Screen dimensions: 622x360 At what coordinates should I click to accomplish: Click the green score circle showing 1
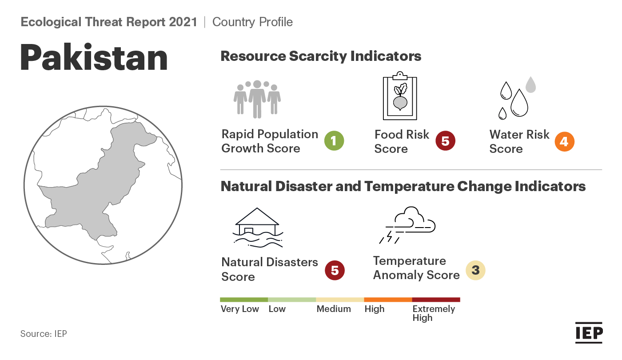(334, 141)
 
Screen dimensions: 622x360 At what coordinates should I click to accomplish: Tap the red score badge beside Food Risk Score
(445, 141)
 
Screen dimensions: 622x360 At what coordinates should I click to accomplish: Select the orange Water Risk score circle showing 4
(565, 141)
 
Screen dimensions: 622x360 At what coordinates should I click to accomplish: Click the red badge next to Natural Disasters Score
(335, 270)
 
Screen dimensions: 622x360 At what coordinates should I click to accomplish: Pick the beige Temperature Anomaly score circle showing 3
(475, 270)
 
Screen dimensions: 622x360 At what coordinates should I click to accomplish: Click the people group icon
(257, 99)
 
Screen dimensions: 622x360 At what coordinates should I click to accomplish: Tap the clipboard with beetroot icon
(400, 96)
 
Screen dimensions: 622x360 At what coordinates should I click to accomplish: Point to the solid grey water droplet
(530, 84)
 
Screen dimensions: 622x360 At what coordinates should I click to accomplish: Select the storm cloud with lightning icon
(407, 225)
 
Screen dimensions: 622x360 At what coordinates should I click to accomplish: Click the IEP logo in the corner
(589, 333)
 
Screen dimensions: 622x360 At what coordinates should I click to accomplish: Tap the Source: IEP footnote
(44, 334)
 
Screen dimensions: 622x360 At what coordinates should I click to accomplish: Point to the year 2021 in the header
(183, 22)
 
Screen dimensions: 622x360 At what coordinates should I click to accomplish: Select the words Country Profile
(252, 22)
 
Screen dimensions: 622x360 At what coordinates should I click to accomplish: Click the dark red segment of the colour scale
(436, 300)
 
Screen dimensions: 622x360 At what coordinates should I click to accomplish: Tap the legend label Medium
(334, 309)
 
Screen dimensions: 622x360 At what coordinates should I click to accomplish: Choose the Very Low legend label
(239, 309)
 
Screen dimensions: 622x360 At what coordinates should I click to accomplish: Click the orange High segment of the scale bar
(388, 300)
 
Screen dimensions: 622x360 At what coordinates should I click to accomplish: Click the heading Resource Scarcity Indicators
(321, 56)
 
